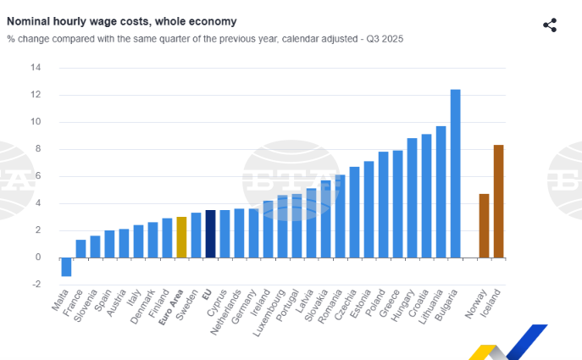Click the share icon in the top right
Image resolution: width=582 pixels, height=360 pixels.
pyautogui.click(x=550, y=25)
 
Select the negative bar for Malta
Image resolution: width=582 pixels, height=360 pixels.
pyautogui.click(x=66, y=267)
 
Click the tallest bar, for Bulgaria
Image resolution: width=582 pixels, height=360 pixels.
pyautogui.click(x=455, y=174)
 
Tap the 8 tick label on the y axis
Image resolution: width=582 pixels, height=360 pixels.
pyautogui.click(x=36, y=149)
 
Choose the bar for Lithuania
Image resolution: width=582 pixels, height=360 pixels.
pyautogui.click(x=441, y=191)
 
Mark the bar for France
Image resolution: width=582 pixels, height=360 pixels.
pyautogui.click(x=80, y=249)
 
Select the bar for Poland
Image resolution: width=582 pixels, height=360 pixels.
pyautogui.click(x=383, y=204)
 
